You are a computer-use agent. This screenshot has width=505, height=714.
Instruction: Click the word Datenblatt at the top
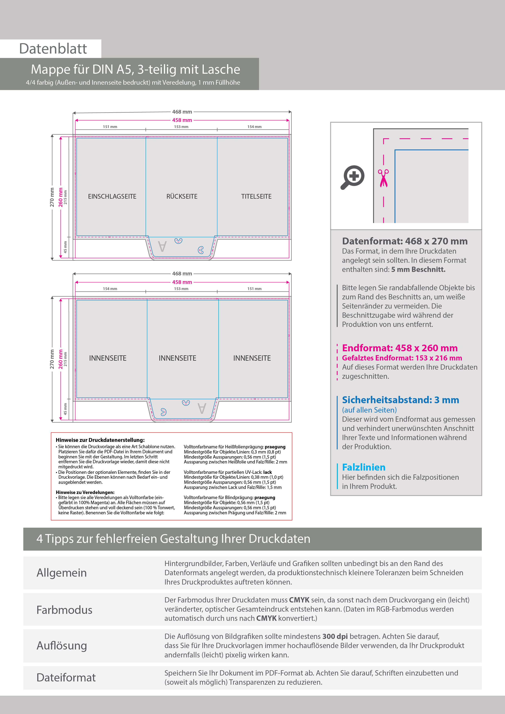pos(53,49)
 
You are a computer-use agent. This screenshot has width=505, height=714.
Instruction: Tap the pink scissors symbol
pos(383,178)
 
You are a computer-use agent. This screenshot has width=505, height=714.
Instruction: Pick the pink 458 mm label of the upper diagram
pos(182,120)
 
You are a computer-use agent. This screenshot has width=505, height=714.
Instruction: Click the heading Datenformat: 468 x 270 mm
pos(404,241)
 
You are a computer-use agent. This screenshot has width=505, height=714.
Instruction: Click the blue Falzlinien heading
pos(363,467)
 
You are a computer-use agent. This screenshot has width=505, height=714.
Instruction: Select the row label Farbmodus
pos(64,610)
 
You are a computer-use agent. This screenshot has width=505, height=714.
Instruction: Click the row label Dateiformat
pos(66,677)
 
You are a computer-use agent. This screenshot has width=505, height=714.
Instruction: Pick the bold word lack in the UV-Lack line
pos(267,472)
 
